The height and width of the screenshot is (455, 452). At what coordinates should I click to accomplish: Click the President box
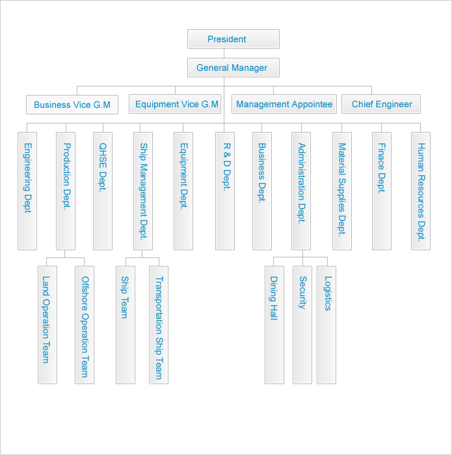click(x=233, y=39)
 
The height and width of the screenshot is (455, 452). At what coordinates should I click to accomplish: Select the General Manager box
click(x=233, y=68)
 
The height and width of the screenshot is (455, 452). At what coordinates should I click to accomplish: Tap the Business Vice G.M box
click(x=72, y=105)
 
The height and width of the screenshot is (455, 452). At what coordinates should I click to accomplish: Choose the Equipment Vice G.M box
click(x=175, y=104)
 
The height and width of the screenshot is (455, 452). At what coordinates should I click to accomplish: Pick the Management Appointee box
click(x=284, y=104)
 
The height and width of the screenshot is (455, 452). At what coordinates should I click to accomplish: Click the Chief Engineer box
click(x=381, y=104)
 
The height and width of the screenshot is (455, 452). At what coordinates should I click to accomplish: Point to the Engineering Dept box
click(x=27, y=191)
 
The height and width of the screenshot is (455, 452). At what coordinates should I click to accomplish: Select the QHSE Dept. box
click(x=103, y=191)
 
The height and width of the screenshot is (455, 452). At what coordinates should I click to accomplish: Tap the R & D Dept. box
click(x=225, y=191)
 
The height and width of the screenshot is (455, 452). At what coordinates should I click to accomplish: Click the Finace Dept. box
click(x=382, y=191)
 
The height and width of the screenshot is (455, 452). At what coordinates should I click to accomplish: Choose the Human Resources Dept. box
click(x=421, y=191)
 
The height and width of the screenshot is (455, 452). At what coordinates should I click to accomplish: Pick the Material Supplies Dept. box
click(x=342, y=191)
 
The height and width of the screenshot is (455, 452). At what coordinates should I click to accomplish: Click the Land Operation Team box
click(x=47, y=325)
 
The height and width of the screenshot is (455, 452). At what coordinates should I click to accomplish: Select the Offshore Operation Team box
click(x=85, y=325)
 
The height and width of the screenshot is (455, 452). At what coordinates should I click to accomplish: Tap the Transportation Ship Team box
click(x=159, y=325)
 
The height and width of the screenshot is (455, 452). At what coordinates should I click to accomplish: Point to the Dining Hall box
click(x=274, y=325)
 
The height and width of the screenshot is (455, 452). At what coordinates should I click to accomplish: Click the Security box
click(x=302, y=325)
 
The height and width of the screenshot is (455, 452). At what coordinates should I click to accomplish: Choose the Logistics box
click(x=326, y=325)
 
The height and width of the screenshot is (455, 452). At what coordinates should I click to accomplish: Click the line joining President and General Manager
click(x=224, y=53)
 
